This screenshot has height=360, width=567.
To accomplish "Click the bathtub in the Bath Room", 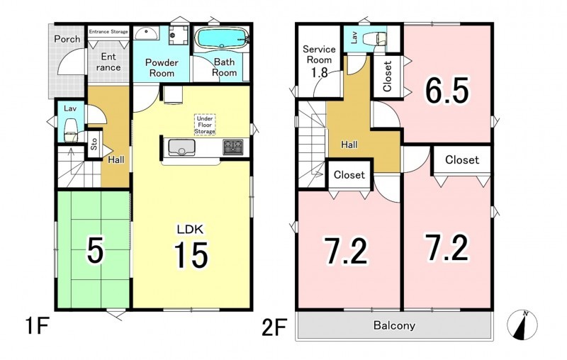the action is click(221, 38).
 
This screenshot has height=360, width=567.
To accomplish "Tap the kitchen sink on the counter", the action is click(181, 147).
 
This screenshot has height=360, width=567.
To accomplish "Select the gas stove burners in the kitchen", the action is click(233, 147).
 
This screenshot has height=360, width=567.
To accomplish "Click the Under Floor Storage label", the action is click(205, 125).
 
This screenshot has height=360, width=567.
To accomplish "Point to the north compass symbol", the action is click(522, 325).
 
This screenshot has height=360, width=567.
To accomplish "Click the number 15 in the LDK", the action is click(191, 255).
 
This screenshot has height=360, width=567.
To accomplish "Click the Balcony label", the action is click(394, 325).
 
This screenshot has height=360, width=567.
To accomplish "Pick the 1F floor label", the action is click(37, 326).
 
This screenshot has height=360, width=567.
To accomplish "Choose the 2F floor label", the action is click(274, 327).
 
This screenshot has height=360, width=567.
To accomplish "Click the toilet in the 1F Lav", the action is click(70, 130).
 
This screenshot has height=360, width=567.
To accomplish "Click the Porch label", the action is click(67, 39).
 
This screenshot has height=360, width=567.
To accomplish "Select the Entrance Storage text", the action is click(108, 31).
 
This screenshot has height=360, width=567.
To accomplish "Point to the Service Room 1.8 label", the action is click(319, 61).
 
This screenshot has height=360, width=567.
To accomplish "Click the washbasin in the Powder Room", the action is click(147, 33).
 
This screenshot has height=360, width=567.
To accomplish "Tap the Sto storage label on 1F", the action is click(94, 144).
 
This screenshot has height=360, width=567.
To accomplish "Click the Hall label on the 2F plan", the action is click(349, 145).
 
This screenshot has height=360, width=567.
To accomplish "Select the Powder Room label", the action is click(162, 67).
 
